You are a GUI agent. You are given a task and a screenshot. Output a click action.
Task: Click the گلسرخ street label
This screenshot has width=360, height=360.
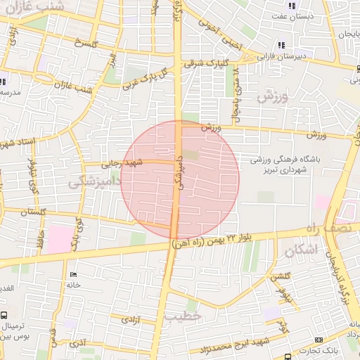(x=77, y=44)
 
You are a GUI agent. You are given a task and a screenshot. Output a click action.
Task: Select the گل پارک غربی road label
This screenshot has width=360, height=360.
(x=146, y=81)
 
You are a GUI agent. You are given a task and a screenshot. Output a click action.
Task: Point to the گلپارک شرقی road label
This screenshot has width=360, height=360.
(x=203, y=63)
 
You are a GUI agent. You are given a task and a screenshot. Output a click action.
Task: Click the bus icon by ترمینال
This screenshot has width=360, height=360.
(x=5, y=315)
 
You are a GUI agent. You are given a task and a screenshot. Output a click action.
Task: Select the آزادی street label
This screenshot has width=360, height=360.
(x=131, y=319)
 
